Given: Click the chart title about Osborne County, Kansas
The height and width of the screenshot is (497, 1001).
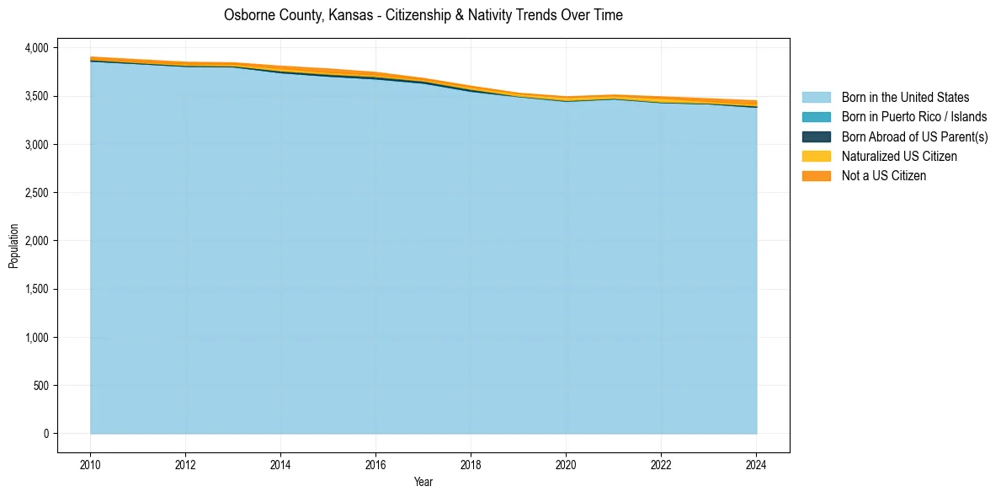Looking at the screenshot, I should pos(423,15).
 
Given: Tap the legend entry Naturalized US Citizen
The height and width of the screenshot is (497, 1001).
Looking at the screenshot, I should pos(899,157).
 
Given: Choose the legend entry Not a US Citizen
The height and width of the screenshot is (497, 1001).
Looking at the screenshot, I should pos(883,176).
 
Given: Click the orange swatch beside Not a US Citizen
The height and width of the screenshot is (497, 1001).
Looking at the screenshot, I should pos(816,176).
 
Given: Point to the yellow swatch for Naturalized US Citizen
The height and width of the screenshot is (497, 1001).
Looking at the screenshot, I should pos(816,157).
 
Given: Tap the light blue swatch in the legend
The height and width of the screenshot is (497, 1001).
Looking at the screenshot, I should pos(816,98).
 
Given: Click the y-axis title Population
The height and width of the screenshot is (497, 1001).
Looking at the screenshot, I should pos(13,246).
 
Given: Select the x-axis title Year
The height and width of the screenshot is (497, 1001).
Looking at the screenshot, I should pos(423,483).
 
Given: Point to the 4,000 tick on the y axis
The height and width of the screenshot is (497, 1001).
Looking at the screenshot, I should pos(38,48).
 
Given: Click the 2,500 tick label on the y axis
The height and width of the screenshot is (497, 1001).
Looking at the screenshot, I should pos(38,193).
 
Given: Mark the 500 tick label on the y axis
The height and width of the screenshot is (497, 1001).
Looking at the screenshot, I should pos(43,386).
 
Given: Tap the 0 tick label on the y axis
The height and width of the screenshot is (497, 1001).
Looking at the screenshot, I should pos(47,434).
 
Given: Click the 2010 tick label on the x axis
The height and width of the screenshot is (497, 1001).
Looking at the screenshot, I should pos(90,464).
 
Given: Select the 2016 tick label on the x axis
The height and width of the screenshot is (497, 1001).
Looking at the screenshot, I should pos(375,464).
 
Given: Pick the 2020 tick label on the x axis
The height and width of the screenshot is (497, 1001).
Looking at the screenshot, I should pos(566,464).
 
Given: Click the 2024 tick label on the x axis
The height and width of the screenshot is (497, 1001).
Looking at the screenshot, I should pos(756,464).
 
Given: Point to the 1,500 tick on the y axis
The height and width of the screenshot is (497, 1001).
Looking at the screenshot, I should pos(38,289).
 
